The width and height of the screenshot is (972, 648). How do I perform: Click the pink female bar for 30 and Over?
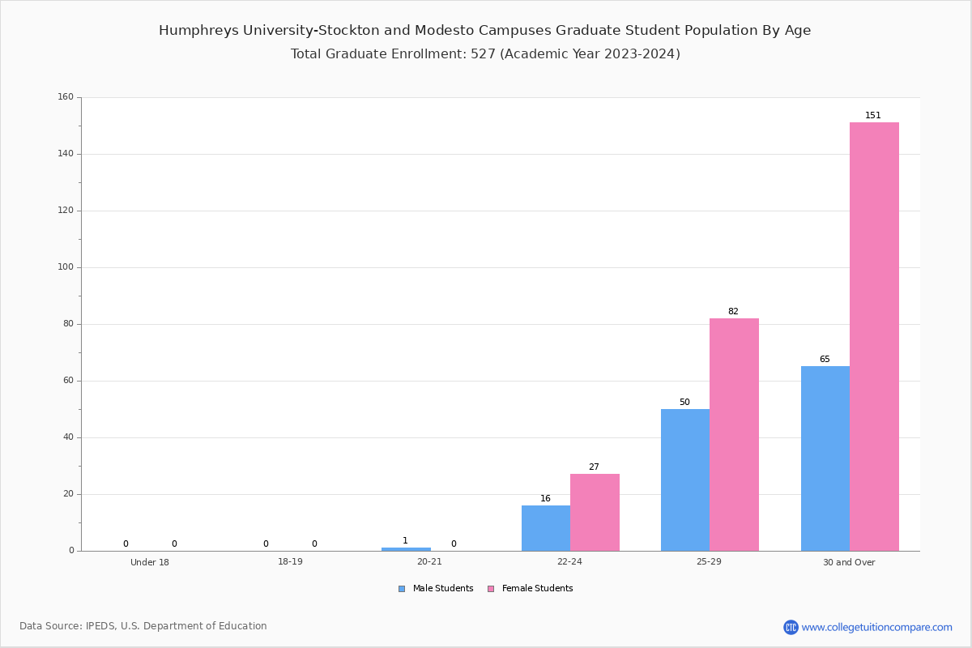tap(874, 336)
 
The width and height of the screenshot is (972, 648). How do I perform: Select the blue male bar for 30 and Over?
tap(825, 458)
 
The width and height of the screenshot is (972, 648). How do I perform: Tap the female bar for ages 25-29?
tap(734, 434)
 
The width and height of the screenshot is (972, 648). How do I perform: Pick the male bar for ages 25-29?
tap(685, 480)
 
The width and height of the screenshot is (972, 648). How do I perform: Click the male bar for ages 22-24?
tap(545, 528)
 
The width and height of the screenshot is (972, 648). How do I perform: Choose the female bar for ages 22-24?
tap(595, 512)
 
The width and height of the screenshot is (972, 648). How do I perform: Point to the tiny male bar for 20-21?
tap(406, 549)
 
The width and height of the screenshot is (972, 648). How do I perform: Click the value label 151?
tap(872, 116)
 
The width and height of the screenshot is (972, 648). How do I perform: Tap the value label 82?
tap(733, 312)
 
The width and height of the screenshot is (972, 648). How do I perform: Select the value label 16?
tap(545, 499)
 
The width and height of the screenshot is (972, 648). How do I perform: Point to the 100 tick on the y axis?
tap(66, 267)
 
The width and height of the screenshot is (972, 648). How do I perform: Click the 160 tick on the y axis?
tap(66, 97)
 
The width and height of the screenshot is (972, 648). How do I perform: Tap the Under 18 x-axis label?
tap(150, 562)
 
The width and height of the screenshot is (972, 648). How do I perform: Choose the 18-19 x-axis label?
tap(290, 562)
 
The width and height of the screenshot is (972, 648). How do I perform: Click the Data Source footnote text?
tap(143, 626)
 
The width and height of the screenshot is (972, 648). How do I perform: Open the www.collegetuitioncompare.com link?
tap(876, 627)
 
